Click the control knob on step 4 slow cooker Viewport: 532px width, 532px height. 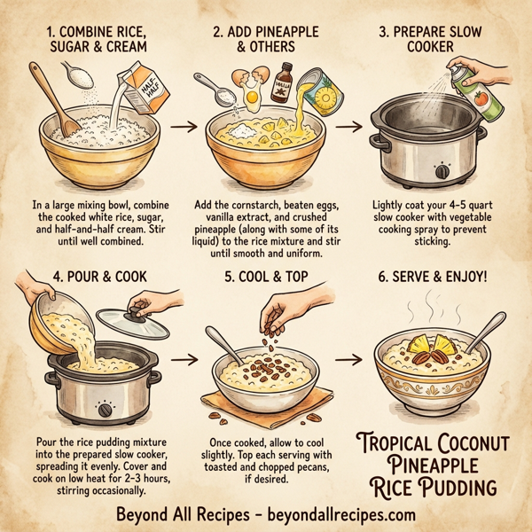click(x=106, y=411)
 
